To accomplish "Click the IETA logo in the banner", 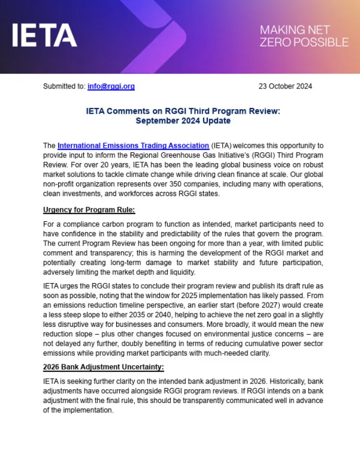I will tap(44, 36).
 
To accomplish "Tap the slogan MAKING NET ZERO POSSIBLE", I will tap(303, 36).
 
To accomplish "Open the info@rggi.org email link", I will tap(111, 86).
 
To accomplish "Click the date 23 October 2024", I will tap(285, 86).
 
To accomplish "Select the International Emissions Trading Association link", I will tap(133, 146).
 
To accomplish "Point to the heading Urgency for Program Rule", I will tap(89, 210).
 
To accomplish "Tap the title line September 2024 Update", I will tap(183, 121).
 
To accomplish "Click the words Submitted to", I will tap(64, 86).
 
